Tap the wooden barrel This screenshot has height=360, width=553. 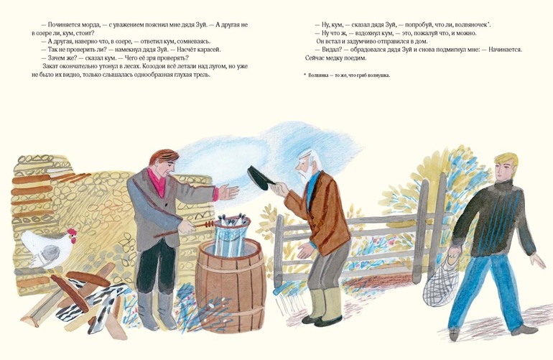[231, 285]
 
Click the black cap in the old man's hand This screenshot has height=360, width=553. [261, 178]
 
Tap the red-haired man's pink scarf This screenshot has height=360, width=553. [157, 181]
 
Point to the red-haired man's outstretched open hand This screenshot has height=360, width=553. [228, 193]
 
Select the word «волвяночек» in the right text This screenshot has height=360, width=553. [471, 24]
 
